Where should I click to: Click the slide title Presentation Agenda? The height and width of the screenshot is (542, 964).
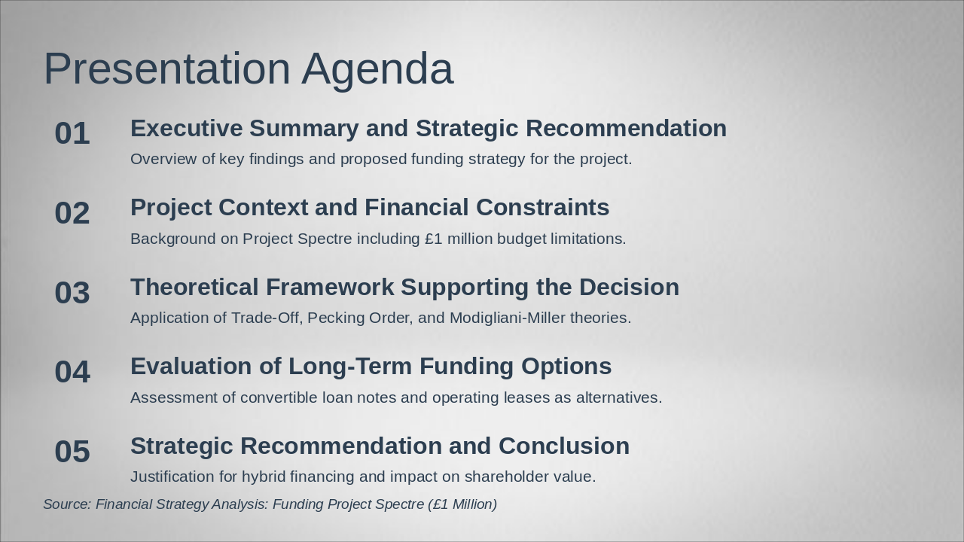249,69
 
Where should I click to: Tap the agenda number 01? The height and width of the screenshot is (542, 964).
72,133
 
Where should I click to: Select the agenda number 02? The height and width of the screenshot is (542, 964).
72,213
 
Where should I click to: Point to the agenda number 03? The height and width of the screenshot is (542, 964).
72,293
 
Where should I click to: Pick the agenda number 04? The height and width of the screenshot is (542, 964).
72,372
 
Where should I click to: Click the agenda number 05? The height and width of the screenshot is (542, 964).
72,451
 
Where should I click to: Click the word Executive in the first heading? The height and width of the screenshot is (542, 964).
187,128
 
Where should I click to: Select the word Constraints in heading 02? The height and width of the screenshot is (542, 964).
543,207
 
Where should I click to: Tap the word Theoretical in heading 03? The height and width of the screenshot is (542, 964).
194,287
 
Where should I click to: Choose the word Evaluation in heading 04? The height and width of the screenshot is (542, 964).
191,367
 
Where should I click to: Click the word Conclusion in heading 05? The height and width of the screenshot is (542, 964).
564,446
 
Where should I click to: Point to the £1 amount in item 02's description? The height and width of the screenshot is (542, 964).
433,239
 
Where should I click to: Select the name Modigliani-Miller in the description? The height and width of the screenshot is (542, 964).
508,318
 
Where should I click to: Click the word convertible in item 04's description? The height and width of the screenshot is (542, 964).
279,397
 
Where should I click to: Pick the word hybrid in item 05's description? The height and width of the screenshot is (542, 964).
264,477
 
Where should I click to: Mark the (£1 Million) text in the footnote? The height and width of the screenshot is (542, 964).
462,504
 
